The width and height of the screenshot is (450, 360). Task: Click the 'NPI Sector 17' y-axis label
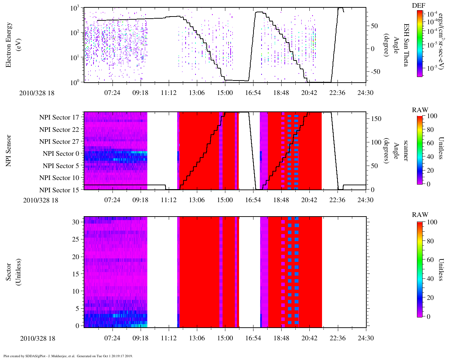[59, 117]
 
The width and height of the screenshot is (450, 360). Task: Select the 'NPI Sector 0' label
[61, 154]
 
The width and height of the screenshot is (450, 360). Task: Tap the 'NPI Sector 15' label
[59, 190]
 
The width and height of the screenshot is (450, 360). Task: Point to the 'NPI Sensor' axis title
[8, 150]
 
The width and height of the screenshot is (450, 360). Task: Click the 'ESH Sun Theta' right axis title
[406, 45]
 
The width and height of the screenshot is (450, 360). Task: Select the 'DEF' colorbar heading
[418, 5]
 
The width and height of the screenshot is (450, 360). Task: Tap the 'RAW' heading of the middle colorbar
[420, 110]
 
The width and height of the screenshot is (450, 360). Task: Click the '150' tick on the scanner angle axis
[377, 119]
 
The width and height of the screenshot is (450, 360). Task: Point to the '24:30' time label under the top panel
[366, 93]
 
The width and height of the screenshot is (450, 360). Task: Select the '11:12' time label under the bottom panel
[169, 338]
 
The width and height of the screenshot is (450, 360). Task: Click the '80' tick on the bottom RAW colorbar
[430, 241]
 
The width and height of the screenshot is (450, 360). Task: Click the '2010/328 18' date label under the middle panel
[41, 200]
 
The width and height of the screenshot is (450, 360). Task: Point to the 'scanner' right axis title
[406, 150]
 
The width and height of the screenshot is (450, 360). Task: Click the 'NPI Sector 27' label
[59, 142]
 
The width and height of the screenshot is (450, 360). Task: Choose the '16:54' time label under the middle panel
[253, 200]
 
